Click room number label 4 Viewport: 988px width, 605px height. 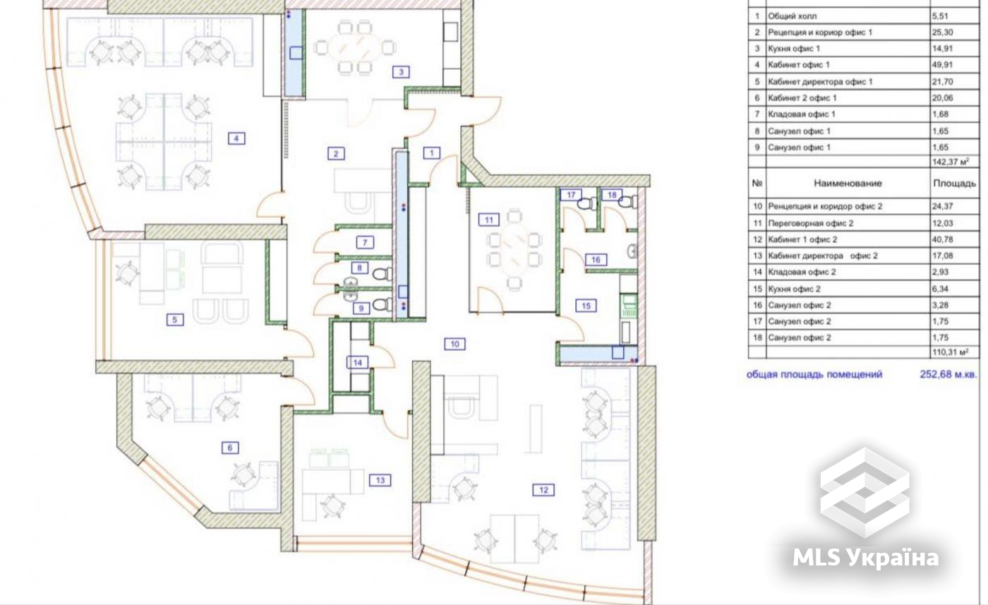[236, 138]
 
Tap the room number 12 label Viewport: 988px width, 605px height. [543, 490]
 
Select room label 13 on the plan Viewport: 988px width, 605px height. [380, 480]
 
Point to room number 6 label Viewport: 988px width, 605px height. [230, 448]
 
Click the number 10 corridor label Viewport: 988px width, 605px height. [454, 344]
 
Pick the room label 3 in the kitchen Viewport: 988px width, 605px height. [401, 71]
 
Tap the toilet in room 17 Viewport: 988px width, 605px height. [587, 203]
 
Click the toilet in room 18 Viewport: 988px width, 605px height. [628, 202]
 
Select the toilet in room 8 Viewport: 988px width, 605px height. [382, 274]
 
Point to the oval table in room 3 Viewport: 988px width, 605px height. [355, 48]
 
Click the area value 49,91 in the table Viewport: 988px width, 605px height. [943, 65]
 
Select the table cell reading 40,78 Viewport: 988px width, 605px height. [943, 239]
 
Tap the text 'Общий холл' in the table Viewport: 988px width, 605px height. [792, 16]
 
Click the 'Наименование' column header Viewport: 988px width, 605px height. [848, 183]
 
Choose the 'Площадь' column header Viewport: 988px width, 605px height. [954, 183]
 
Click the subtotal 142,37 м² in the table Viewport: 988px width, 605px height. [951, 162]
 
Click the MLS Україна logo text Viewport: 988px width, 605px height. [865, 557]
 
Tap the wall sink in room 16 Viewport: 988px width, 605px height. [632, 251]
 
